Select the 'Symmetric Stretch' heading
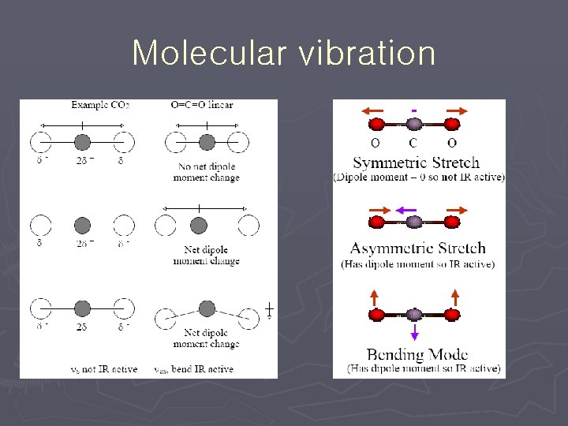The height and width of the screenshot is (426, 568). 416,163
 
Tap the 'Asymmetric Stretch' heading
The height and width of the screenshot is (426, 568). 417,248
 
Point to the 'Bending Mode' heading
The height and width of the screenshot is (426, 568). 417,355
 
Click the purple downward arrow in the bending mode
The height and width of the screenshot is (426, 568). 415,332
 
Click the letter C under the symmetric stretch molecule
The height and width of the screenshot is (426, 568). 413,143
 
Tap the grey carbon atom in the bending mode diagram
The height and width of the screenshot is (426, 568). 415,315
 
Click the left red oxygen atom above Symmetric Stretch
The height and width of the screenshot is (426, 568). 378,124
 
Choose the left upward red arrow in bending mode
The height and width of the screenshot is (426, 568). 376,299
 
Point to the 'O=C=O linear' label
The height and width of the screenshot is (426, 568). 202,105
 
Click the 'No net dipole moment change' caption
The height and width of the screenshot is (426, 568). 206,172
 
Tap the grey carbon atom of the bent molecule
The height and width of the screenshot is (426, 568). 207,308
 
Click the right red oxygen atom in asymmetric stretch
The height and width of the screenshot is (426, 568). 452,222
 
